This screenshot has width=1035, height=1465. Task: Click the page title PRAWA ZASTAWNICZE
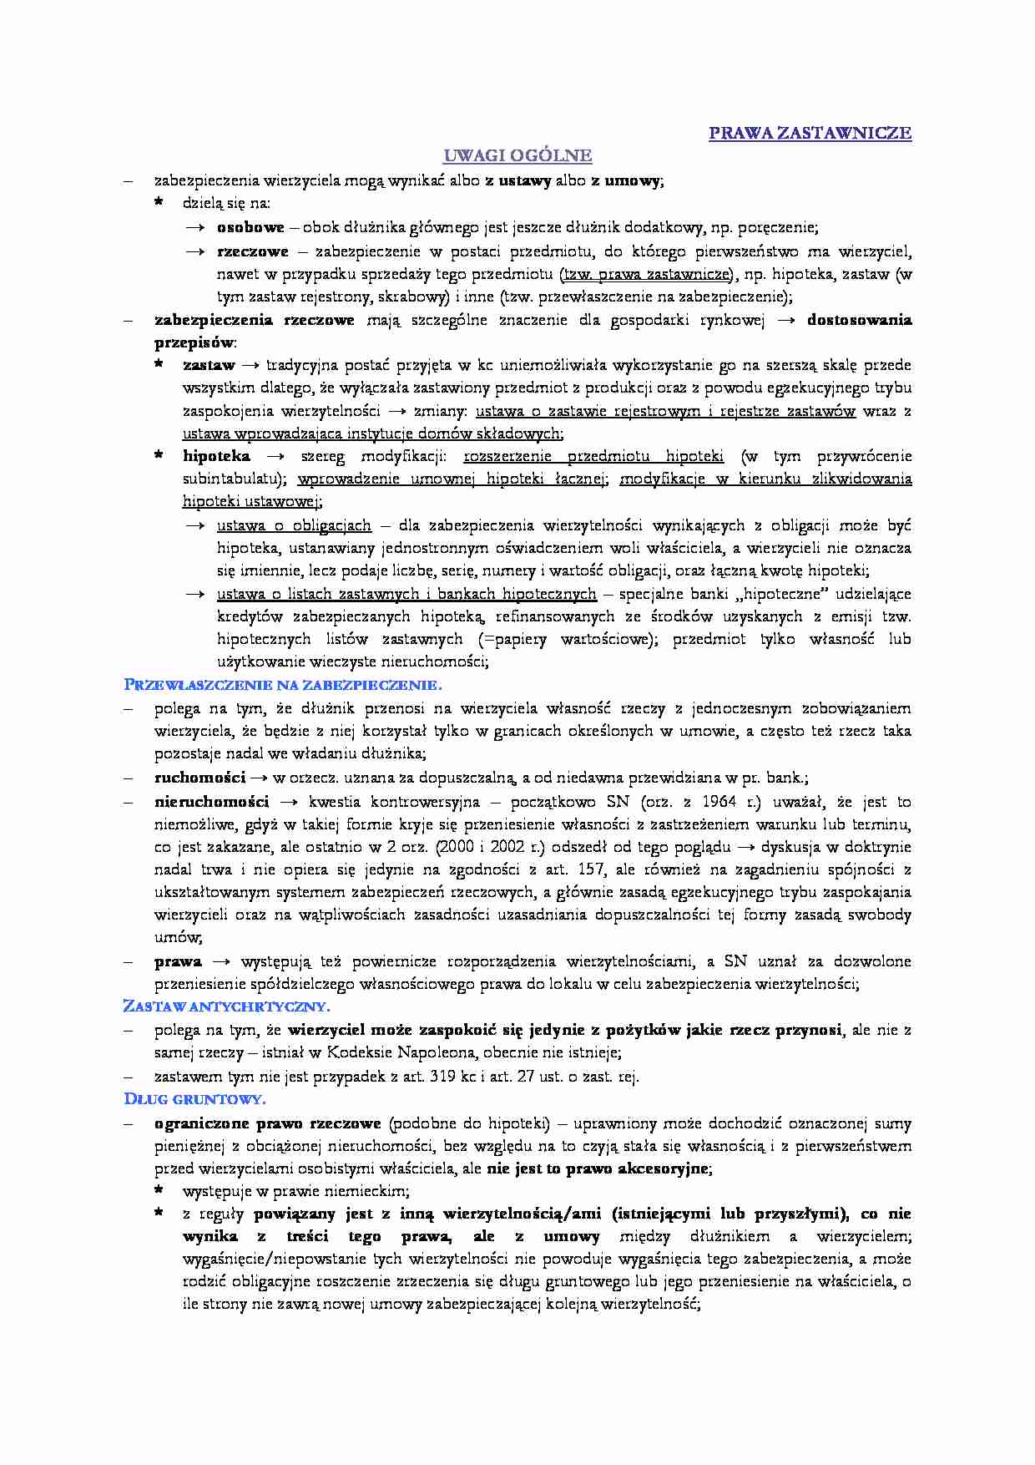(x=810, y=133)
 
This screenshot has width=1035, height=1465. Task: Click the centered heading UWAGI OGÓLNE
(x=517, y=155)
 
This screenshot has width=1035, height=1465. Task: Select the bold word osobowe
(x=250, y=227)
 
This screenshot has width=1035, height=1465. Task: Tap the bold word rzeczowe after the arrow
(x=252, y=251)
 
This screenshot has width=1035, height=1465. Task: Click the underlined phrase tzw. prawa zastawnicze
(x=646, y=274)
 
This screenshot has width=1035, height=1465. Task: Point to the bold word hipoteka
(x=216, y=456)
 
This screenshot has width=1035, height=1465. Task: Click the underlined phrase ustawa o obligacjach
(x=294, y=525)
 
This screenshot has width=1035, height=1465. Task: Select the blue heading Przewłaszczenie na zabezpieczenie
(x=282, y=685)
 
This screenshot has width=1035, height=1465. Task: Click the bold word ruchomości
(x=199, y=778)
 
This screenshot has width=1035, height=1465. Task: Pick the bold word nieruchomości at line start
(x=211, y=802)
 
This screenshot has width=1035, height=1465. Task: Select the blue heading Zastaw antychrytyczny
(x=226, y=1006)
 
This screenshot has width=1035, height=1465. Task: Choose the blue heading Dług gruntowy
(x=194, y=1099)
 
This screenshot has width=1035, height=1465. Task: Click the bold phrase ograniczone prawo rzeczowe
(x=267, y=1123)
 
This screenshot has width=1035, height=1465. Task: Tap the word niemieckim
(x=371, y=1191)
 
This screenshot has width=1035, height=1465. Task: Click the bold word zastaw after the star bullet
(x=209, y=365)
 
